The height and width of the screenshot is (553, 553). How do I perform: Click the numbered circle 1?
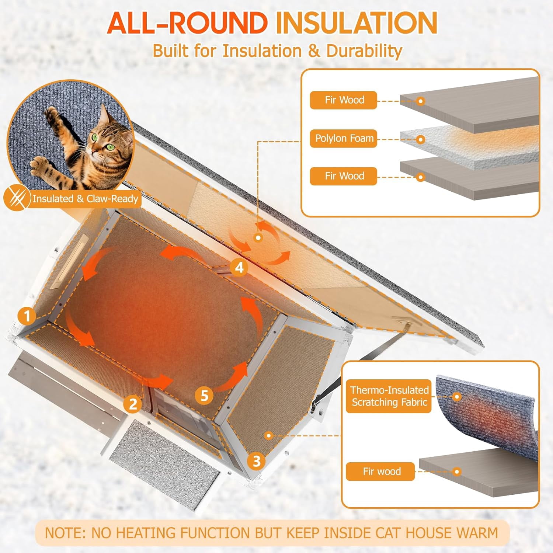click(27, 316)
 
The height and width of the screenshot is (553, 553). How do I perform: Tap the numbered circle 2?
click(133, 404)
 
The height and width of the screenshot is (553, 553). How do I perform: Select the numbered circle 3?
click(257, 461)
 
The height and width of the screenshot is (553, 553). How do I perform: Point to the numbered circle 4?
click(239, 267)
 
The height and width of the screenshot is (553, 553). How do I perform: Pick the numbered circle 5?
click(204, 396)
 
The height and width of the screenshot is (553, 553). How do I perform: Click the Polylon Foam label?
click(344, 139)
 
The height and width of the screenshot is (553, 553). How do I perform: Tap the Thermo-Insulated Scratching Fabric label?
click(389, 396)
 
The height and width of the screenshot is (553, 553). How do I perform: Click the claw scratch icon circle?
click(17, 199)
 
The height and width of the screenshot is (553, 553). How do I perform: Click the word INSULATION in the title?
click(357, 23)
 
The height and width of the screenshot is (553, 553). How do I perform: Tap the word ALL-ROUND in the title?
click(187, 23)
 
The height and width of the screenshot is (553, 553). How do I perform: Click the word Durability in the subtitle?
click(364, 51)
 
